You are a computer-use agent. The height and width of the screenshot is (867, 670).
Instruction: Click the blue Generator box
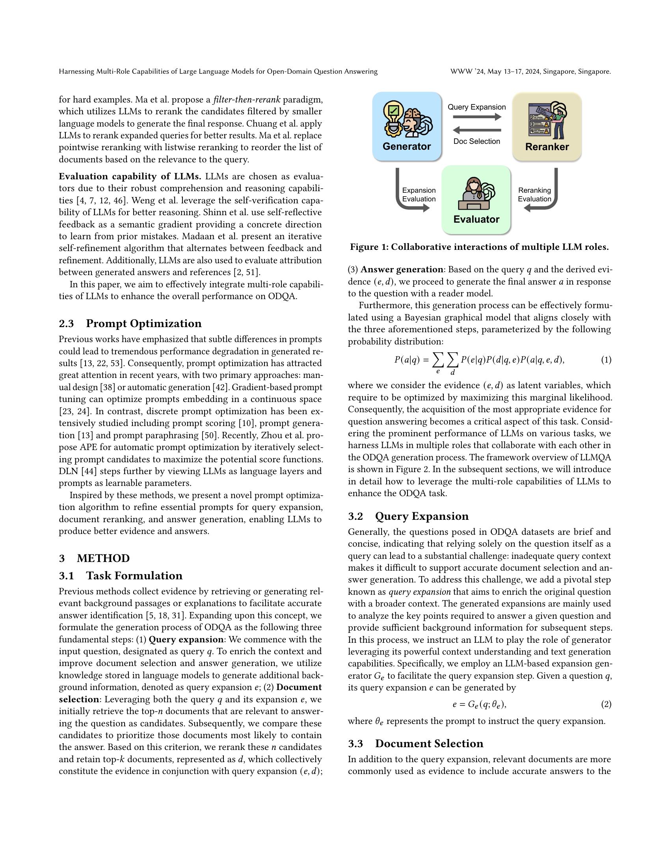click(x=406, y=126)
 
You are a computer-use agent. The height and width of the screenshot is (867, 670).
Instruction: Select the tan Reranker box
click(x=547, y=126)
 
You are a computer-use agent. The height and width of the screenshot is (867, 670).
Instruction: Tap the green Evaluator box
click(x=476, y=199)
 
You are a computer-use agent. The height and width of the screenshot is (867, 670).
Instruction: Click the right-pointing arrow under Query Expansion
click(x=477, y=117)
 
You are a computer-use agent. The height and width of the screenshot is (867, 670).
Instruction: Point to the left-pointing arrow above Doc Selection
click(x=477, y=130)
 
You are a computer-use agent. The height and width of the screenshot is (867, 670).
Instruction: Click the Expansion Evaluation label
click(x=419, y=195)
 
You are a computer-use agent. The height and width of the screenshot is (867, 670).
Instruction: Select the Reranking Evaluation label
click(x=534, y=195)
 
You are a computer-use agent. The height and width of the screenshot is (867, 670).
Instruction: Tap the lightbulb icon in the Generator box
click(x=393, y=115)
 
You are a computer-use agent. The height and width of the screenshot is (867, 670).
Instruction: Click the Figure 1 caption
click(x=479, y=247)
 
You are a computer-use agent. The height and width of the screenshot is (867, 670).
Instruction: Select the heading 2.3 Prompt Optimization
click(x=130, y=323)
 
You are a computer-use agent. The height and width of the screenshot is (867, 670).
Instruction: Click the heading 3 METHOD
click(x=94, y=558)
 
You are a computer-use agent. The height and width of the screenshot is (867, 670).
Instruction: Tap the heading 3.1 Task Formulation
click(x=121, y=576)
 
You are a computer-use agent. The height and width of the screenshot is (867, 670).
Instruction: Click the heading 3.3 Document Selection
click(x=415, y=743)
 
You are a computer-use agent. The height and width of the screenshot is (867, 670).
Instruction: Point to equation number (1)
click(x=606, y=360)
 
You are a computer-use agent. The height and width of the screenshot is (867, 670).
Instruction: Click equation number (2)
click(x=606, y=704)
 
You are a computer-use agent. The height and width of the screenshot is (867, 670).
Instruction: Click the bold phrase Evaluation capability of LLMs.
click(x=130, y=176)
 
